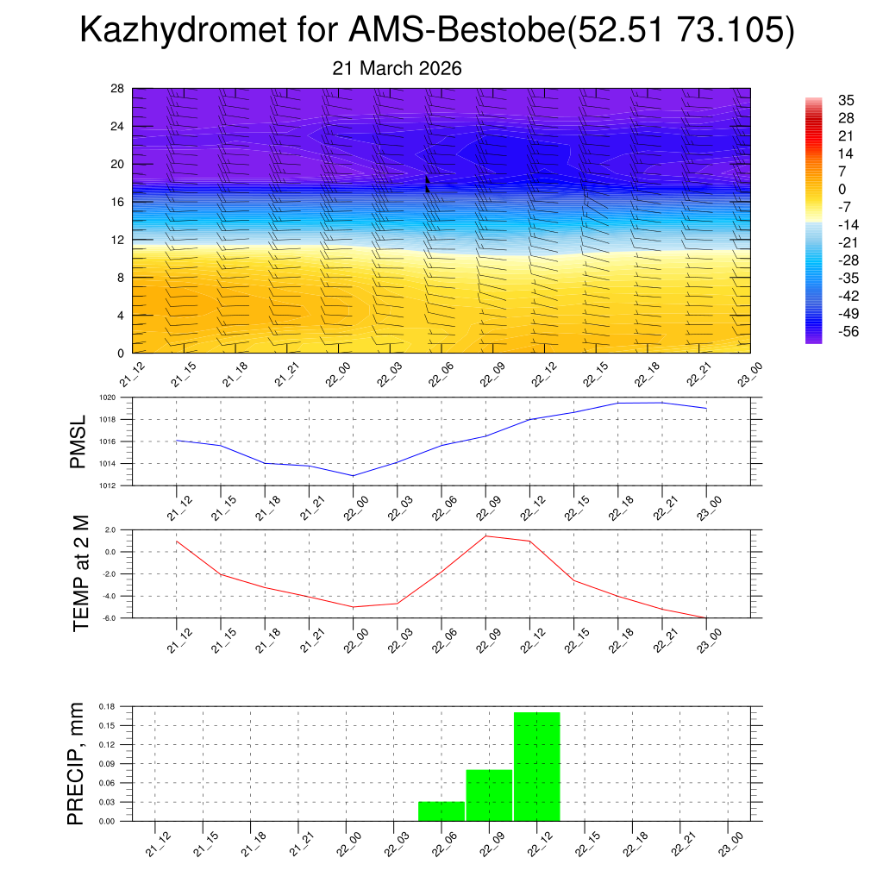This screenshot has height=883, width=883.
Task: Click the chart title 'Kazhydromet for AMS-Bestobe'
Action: pos(436,31)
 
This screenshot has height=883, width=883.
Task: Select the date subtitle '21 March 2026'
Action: pos(398,68)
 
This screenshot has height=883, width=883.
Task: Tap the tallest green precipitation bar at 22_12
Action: pos(537,766)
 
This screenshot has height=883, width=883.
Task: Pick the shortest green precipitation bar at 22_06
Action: pos(441,811)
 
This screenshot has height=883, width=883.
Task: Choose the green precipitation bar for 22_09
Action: pos(489,795)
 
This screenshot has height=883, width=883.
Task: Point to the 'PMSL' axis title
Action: pos(78,441)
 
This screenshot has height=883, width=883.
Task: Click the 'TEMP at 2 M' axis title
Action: pos(81,573)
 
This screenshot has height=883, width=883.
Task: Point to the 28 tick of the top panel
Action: pos(118,89)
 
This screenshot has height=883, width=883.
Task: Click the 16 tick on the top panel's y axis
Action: pos(118,202)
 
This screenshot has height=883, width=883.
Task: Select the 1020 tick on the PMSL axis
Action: pos(106,398)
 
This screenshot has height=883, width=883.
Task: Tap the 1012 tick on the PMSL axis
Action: pos(106,485)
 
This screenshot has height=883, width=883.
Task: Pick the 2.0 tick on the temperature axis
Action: pos(111,529)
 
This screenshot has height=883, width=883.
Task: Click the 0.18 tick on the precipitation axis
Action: pos(106,706)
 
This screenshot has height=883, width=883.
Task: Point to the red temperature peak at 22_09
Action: pos(485,536)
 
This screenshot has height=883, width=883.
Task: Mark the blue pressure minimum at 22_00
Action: pos(353,475)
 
